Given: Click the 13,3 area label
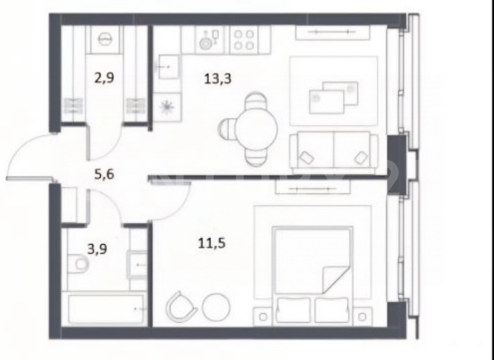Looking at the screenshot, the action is pyautogui.click(x=218, y=78).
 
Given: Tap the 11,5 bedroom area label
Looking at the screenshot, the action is pyautogui.click(x=211, y=243).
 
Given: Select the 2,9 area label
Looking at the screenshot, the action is pyautogui.click(x=104, y=77).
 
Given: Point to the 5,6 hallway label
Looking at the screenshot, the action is pyautogui.click(x=104, y=174).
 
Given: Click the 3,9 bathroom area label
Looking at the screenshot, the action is pyautogui.click(x=97, y=249).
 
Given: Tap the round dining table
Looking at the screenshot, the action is pyautogui.click(x=256, y=129).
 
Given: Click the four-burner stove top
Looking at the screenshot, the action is pyautogui.click(x=243, y=40).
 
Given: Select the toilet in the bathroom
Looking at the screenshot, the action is pyautogui.click(x=78, y=263).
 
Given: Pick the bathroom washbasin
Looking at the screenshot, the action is pyautogui.click(x=137, y=265).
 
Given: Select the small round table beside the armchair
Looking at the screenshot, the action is pyautogui.click(x=216, y=307).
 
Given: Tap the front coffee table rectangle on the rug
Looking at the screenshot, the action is pyautogui.click(x=327, y=102).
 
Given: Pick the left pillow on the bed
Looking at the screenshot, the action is pyautogui.click(x=293, y=310).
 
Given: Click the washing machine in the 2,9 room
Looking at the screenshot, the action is pyautogui.click(x=105, y=39).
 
